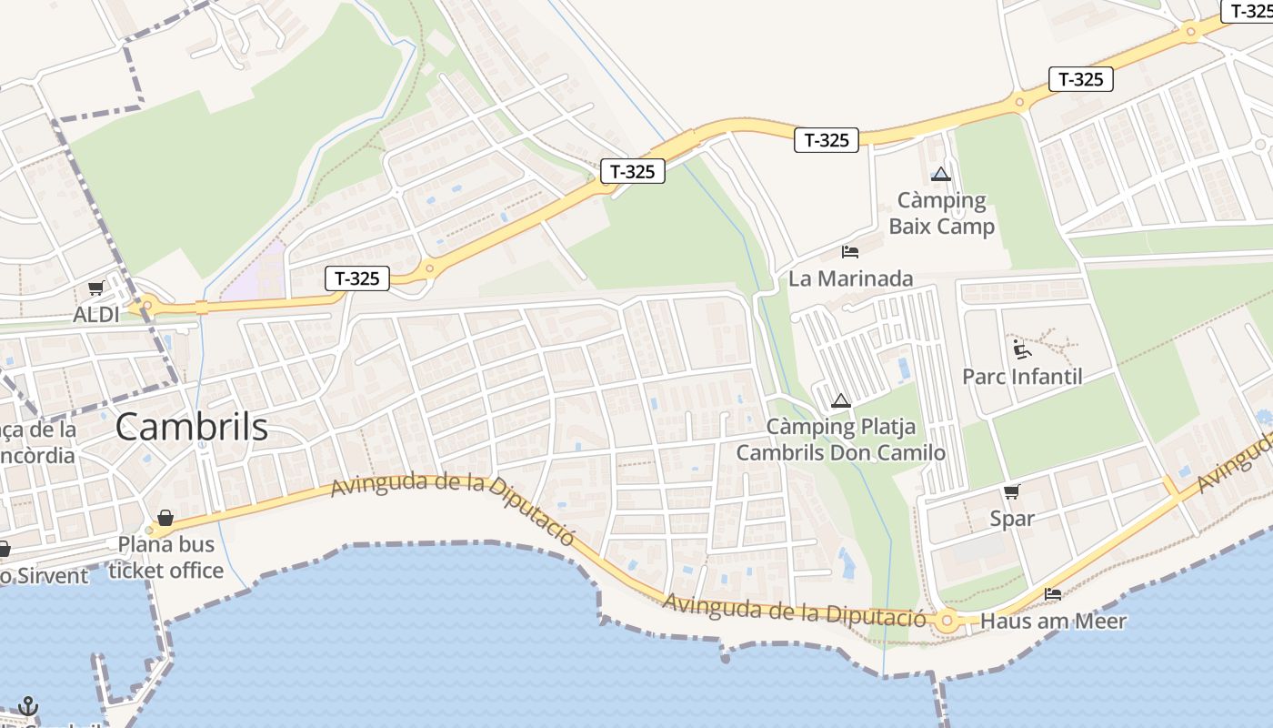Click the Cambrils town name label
pyautogui.click(x=192, y=427)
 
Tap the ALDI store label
pyautogui.click(x=96, y=315)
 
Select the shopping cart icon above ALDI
pyautogui.click(x=95, y=288)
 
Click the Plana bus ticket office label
pyautogui.click(x=165, y=557)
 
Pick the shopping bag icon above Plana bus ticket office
pyautogui.click(x=165, y=518)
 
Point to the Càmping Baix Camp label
pyautogui.click(x=942, y=213)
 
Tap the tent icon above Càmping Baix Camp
pyautogui.click(x=941, y=174)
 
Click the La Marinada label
pyautogui.click(x=850, y=278)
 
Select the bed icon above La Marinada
pyautogui.click(x=850, y=251)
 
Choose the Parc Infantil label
pyautogui.click(x=1022, y=376)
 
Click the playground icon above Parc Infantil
pyautogui.click(x=1021, y=349)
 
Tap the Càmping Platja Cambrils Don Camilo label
pyautogui.click(x=841, y=440)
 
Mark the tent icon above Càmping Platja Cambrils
pyautogui.click(x=841, y=400)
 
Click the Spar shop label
pyautogui.click(x=1012, y=519)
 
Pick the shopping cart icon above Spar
pyautogui.click(x=1011, y=492)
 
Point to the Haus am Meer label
pyautogui.click(x=1054, y=622)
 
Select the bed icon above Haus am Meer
pyautogui.click(x=1053, y=594)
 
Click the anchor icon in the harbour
pyautogui.click(x=28, y=706)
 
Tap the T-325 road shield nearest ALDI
pyautogui.click(x=357, y=278)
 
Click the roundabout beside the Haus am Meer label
pyautogui.click(x=948, y=622)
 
